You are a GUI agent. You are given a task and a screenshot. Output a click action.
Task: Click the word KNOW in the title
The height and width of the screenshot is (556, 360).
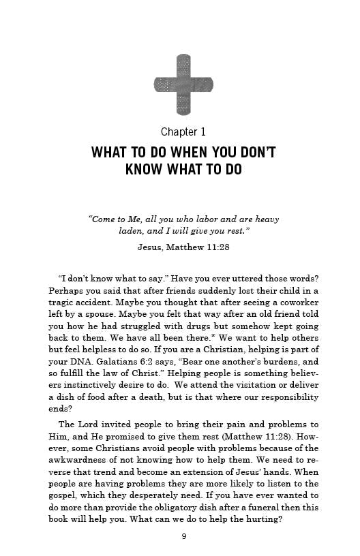(145, 169)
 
